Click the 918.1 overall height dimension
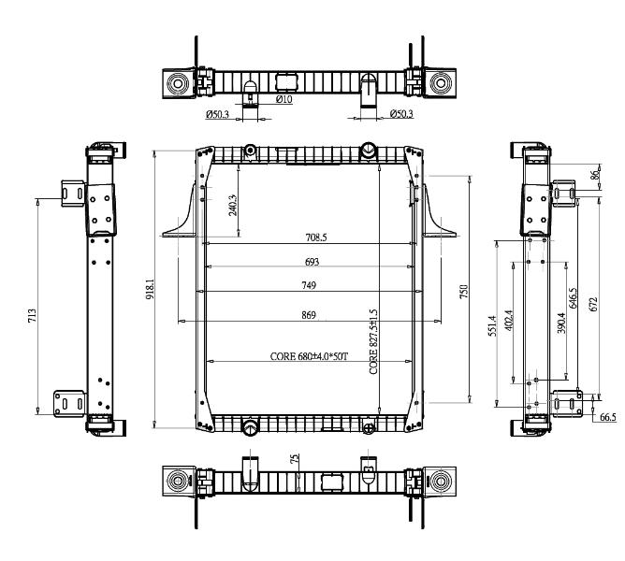point(150,290)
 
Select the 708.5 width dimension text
point(316,237)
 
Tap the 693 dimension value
point(312,262)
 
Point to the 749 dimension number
point(309,285)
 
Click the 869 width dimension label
point(309,315)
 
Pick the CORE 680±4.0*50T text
point(310,356)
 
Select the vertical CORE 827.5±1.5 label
point(373,341)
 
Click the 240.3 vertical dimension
point(233,205)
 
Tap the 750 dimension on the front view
point(463,292)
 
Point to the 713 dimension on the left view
point(33,315)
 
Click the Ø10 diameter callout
point(283,99)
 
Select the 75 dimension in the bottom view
point(295,458)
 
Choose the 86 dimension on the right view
point(595,175)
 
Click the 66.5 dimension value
point(608,417)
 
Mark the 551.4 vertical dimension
point(493,326)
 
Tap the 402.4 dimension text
point(508,321)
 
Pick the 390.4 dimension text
point(561,323)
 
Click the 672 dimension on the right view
point(593,305)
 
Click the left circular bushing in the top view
point(178,83)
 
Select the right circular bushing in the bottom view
point(441,482)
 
